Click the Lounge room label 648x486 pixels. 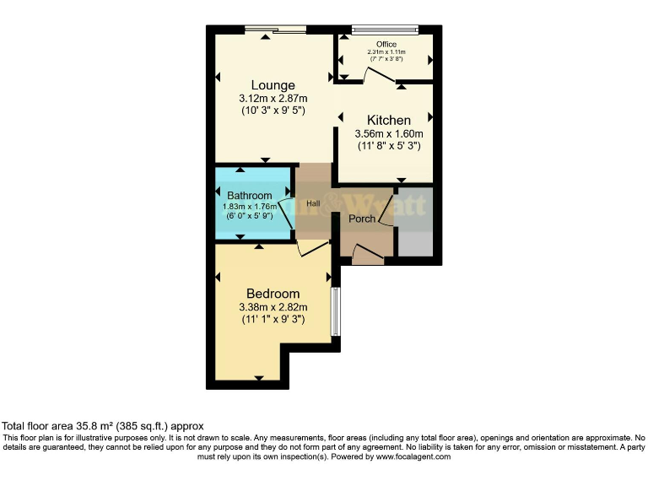pos(273,85)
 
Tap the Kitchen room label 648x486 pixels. pos(388,121)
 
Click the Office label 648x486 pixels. pos(386,45)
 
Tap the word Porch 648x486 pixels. pos(363,219)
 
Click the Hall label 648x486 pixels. pos(313,203)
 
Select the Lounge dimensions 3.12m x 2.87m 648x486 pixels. pos(273,99)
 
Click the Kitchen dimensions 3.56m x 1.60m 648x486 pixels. pos(388,134)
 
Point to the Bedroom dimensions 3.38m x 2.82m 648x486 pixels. pos(273,307)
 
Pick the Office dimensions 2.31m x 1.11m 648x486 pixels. pos(385,52)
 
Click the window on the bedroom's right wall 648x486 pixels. pos(335,311)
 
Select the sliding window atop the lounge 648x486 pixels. pos(275,30)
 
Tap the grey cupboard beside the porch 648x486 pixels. pos(413,221)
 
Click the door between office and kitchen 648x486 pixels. pos(379,78)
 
